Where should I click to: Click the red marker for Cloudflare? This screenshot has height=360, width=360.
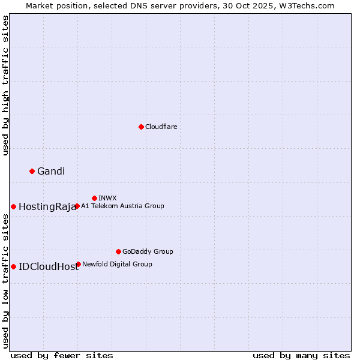tap(141, 127)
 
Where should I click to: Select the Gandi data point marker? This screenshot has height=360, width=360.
tap(32, 171)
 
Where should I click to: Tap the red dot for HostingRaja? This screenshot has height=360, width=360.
tap(13, 206)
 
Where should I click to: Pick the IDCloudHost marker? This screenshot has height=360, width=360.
tap(13, 266)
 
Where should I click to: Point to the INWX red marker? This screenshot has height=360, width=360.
tap(94, 198)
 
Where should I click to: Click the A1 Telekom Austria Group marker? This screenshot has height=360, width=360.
tap(77, 206)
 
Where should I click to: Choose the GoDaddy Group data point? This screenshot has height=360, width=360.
tap(118, 251)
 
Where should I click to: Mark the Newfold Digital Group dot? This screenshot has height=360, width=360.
tap(78, 264)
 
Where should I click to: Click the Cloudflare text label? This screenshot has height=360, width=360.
tap(161, 127)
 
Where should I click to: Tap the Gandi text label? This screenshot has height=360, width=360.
tap(51, 171)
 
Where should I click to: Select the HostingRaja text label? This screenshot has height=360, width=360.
tap(47, 207)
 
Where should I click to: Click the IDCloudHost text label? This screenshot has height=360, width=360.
tap(48, 267)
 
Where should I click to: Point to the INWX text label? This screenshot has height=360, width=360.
tap(107, 198)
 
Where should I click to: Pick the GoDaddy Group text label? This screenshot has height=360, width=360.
tap(148, 251)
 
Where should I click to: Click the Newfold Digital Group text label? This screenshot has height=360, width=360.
tap(117, 264)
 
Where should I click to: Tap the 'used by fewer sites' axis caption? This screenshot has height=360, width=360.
tap(62, 355)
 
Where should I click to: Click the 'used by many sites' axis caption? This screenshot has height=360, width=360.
tap(301, 355)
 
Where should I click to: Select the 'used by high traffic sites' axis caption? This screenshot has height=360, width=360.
tap(5, 85)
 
